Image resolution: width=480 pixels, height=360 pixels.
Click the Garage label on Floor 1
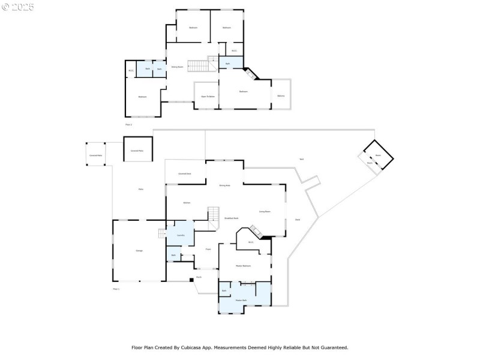click(x=139, y=251)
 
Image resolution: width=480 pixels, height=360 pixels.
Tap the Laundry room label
click(x=180, y=235)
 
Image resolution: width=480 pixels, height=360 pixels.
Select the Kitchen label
click(x=187, y=203)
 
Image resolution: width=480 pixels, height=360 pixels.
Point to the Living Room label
click(x=265, y=212)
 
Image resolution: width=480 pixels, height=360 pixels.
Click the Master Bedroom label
click(x=243, y=266)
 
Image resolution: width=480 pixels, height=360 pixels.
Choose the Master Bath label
click(x=241, y=300)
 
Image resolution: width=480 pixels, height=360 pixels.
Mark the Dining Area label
click(x=224, y=185)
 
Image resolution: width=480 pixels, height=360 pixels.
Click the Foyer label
click(x=208, y=249)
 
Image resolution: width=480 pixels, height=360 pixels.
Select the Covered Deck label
click(x=185, y=173)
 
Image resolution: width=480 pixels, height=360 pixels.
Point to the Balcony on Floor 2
click(x=281, y=96)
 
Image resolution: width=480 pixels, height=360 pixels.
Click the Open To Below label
click(x=208, y=96)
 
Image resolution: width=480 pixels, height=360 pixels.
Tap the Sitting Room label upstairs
click(x=177, y=67)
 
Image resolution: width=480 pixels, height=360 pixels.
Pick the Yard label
click(x=301, y=159)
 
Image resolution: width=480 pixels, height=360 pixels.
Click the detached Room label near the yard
click(x=379, y=155)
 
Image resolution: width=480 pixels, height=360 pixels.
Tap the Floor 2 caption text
click(x=128, y=124)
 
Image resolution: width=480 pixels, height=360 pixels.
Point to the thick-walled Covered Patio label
click(x=137, y=151)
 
